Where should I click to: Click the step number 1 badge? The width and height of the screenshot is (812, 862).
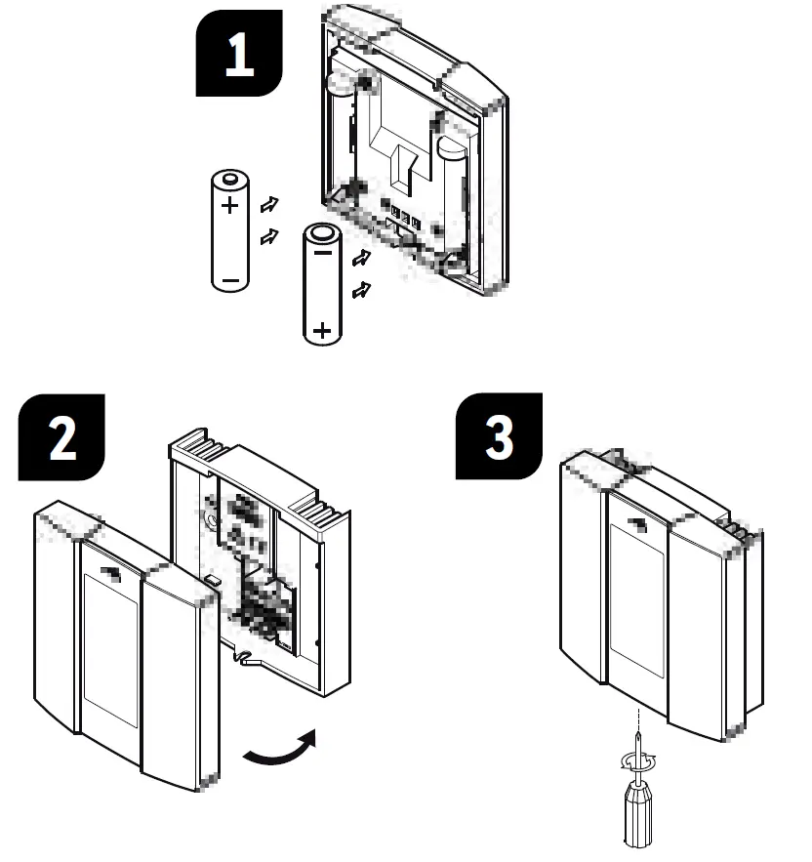239,55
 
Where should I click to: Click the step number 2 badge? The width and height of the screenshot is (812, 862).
61,438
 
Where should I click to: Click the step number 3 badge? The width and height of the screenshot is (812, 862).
499,437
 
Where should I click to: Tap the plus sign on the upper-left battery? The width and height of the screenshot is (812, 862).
229,206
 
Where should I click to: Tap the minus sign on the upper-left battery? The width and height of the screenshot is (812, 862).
229,279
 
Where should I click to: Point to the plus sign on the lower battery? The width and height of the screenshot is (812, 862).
322,329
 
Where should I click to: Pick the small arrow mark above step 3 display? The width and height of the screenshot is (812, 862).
639,524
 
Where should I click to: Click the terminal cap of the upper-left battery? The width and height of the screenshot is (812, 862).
229,178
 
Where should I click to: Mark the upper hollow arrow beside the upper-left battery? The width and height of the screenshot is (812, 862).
266,204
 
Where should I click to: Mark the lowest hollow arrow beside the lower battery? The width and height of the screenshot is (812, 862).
360,289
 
